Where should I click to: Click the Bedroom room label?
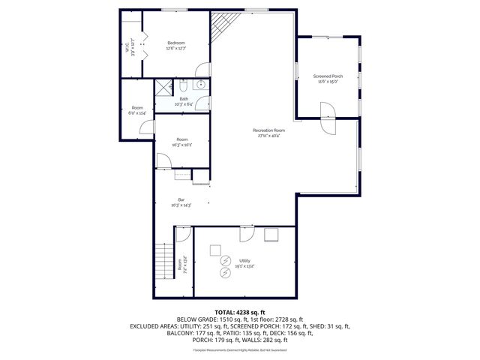click(176, 43)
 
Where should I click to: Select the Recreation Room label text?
click(268, 130)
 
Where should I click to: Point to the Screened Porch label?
click(327, 76)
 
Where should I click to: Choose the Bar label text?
click(181, 199)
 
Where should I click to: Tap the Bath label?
click(184, 98)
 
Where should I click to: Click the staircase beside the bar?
click(163, 262)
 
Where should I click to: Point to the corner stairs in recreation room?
click(221, 28)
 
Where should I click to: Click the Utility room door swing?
click(246, 235)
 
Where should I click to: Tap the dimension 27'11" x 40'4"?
click(268, 136)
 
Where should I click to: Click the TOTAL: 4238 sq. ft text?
click(240, 312)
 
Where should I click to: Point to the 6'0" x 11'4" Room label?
click(137, 111)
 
